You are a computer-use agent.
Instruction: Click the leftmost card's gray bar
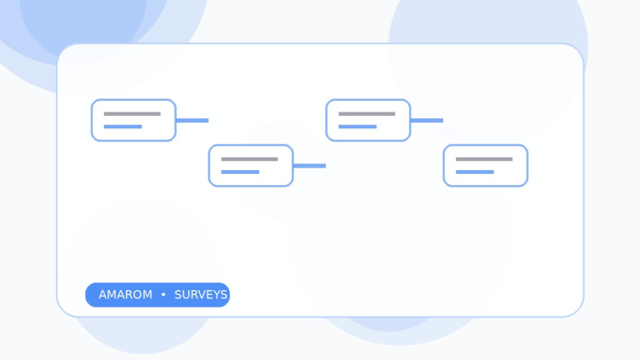(x=132, y=114)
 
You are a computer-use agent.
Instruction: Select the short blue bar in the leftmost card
(x=122, y=127)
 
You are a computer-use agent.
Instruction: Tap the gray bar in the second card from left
(x=249, y=159)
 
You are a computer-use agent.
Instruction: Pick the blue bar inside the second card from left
(x=240, y=172)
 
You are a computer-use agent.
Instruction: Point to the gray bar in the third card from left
(x=367, y=114)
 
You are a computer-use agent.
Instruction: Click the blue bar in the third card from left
(x=357, y=127)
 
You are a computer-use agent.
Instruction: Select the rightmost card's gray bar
(x=484, y=159)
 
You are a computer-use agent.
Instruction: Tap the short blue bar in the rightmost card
(x=475, y=172)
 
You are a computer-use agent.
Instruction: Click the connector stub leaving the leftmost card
(x=192, y=120)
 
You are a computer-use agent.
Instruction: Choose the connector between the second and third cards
(x=309, y=166)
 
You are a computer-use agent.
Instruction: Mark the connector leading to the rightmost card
(x=427, y=120)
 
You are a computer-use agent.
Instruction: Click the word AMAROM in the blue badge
(x=125, y=295)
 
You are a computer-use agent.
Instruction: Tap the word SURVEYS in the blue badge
(x=201, y=295)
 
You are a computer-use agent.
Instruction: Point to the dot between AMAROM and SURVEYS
(x=163, y=294)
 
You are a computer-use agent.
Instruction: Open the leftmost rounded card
(x=133, y=120)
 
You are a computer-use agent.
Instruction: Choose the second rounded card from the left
(x=251, y=166)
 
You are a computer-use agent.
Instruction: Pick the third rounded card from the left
(x=368, y=120)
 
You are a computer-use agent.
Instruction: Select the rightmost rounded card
(x=486, y=166)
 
